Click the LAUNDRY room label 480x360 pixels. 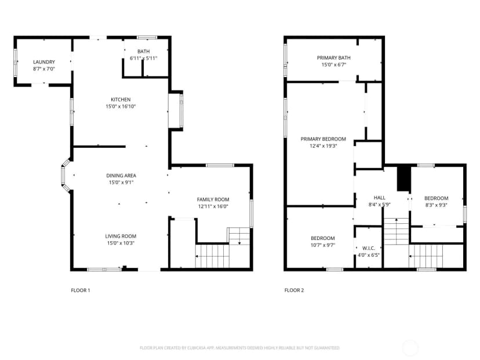pos(44,62)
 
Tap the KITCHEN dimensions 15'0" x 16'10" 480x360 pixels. pos(121,107)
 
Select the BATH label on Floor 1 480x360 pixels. pos(144,52)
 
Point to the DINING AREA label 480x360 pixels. pos(121,176)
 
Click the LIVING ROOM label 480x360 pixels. pos(121,236)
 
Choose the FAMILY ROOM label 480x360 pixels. pos(213,199)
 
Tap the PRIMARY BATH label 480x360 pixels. pos(334,57)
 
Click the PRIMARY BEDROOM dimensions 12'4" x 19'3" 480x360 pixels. pos(323,146)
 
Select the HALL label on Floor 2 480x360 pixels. pos(380,198)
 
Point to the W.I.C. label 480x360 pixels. pos(369,248)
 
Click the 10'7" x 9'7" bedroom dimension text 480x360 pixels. pos(323,245)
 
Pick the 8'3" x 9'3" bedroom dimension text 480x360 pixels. pos(436,205)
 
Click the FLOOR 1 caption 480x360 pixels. pos(81,290)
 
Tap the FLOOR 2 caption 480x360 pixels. pos(294,290)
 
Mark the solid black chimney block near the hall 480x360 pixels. pos(403,179)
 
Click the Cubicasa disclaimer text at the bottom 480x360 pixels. pos(239,348)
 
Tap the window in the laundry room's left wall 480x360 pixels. pos(15,63)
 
